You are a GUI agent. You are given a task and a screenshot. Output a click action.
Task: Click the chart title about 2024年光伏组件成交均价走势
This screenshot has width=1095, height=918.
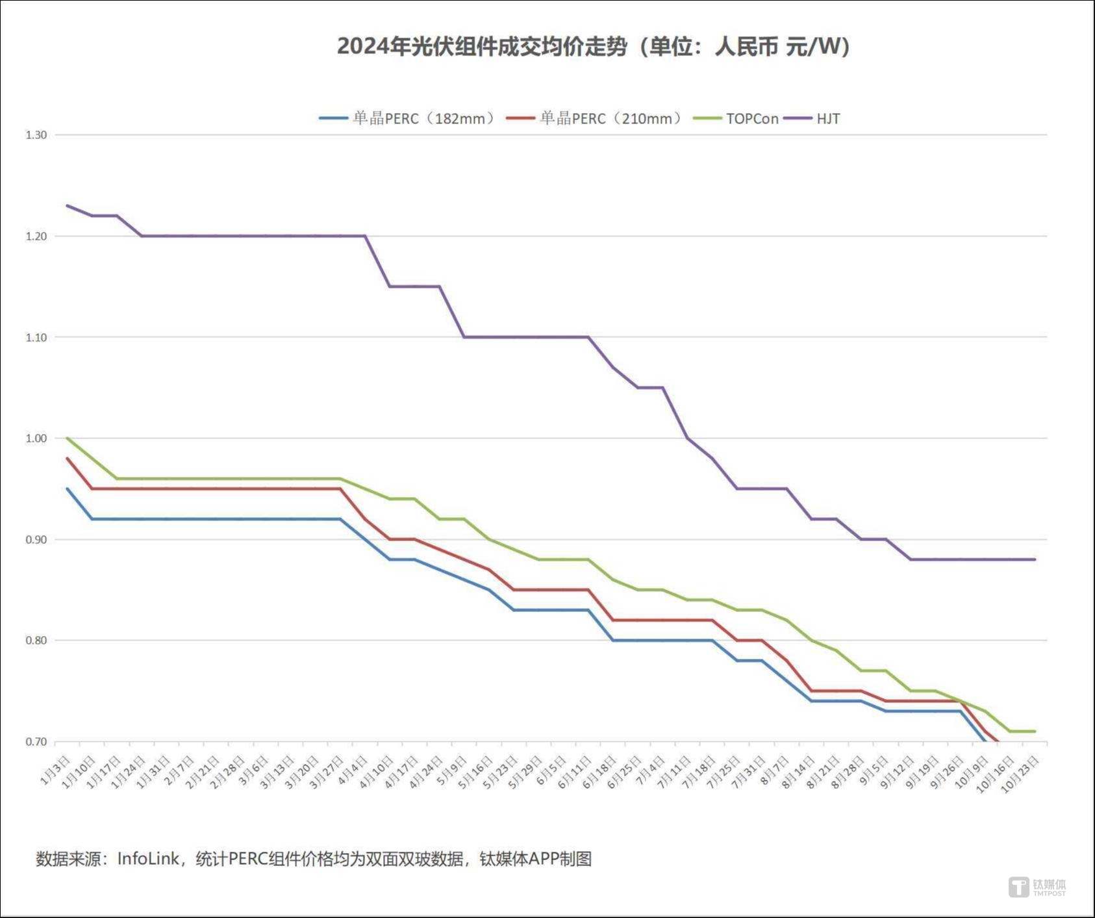click(593, 47)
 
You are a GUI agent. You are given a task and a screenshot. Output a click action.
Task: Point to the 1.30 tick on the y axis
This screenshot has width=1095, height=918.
click(36, 135)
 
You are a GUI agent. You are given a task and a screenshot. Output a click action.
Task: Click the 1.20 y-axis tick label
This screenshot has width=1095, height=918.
click(36, 236)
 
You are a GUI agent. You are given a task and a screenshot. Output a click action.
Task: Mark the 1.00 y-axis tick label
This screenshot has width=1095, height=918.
click(36, 439)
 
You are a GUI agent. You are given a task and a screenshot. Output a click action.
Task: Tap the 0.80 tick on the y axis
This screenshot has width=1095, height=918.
click(36, 641)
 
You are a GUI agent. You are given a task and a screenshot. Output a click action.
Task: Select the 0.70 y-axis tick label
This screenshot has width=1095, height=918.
click(36, 742)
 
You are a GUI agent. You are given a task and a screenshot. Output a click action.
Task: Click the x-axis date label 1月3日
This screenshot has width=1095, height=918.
click(55, 770)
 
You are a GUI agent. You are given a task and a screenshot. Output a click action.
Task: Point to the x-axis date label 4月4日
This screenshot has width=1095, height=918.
click(353, 770)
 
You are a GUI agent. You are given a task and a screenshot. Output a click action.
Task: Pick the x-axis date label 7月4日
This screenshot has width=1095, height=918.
click(650, 770)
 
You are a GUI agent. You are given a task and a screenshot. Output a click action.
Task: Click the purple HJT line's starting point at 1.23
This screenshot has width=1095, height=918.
click(68, 206)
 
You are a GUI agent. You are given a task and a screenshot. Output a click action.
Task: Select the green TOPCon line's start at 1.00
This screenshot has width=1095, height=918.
click(68, 439)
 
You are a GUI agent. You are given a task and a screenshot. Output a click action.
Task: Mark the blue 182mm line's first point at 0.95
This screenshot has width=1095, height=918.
click(68, 489)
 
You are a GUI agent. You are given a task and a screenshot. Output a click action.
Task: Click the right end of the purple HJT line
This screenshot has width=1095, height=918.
click(1035, 559)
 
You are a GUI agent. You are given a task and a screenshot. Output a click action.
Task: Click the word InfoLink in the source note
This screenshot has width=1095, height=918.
click(148, 859)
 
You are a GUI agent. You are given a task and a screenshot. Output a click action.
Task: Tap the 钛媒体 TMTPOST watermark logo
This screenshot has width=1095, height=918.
click(1037, 887)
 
